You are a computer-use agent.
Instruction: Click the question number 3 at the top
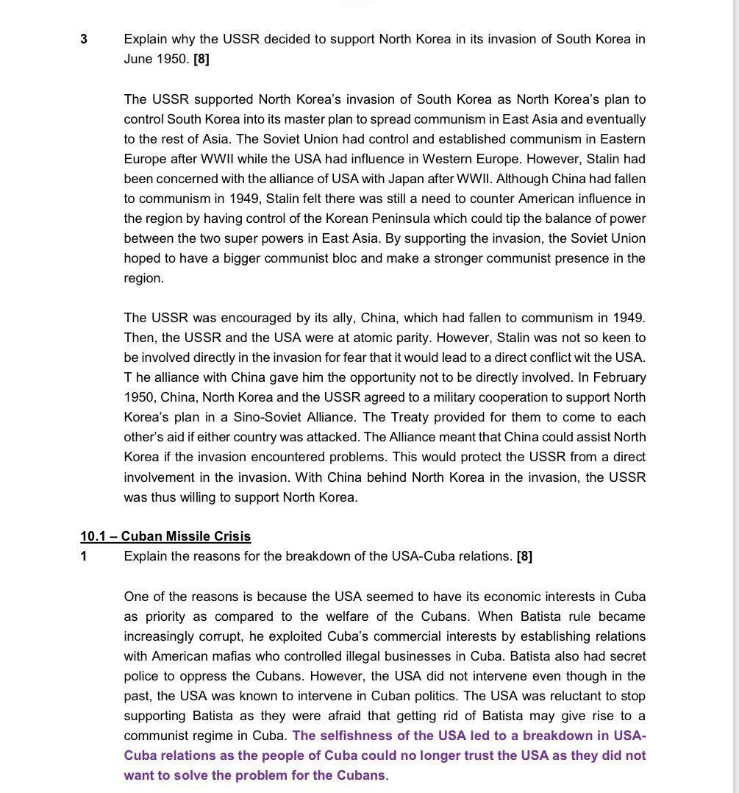pos(84,39)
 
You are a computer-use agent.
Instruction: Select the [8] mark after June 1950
pos(201,59)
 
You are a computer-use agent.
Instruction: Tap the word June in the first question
pos(138,59)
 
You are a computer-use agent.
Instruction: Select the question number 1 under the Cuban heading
pos(84,556)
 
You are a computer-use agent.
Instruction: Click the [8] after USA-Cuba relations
pos(524,556)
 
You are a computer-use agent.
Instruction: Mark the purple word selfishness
pos(357,736)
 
